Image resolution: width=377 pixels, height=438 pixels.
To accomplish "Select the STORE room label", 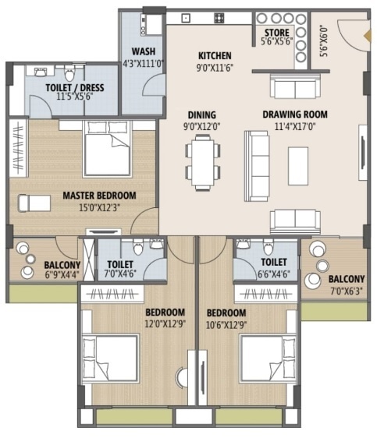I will pyautogui.click(x=276, y=33).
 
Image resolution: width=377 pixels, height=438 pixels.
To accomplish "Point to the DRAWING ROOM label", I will pyautogui.click(x=294, y=114).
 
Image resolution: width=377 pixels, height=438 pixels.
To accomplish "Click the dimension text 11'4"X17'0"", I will pyautogui.click(x=294, y=125).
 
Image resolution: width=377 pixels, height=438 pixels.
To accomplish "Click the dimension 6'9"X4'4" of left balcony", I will pyautogui.click(x=62, y=275).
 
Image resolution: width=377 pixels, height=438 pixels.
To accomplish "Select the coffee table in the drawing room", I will pyautogui.click(x=298, y=164).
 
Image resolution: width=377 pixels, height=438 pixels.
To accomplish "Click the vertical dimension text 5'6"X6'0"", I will pyautogui.click(x=322, y=37).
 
